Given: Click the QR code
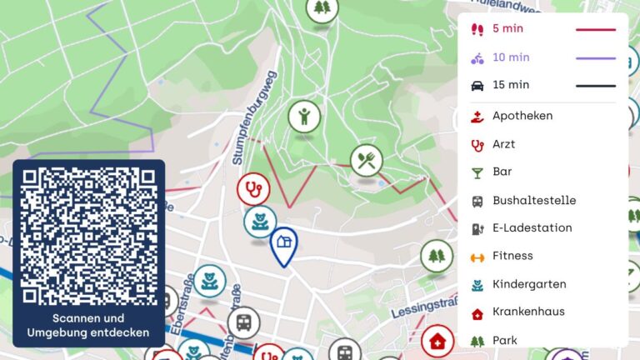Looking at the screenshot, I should (88, 237).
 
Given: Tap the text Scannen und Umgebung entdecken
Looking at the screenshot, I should (88, 326).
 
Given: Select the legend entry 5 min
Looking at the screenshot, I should (507, 29).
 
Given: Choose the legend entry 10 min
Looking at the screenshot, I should (510, 57).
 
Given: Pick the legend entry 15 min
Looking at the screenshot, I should (510, 85).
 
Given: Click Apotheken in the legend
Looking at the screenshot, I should (522, 116).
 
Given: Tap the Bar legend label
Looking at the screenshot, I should (502, 172).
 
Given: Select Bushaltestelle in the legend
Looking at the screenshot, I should (533, 200).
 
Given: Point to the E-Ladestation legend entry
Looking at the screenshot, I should (532, 227).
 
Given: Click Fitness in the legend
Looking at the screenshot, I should (512, 256).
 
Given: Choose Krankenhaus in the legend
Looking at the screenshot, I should (528, 312).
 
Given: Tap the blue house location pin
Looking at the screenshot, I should (284, 243).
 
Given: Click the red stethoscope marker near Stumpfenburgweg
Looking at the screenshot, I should (253, 189).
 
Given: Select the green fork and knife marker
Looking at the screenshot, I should (366, 159).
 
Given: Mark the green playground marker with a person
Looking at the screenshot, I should (305, 116).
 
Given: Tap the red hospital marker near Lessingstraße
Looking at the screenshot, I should (437, 340).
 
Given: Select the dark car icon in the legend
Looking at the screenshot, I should (477, 85).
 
